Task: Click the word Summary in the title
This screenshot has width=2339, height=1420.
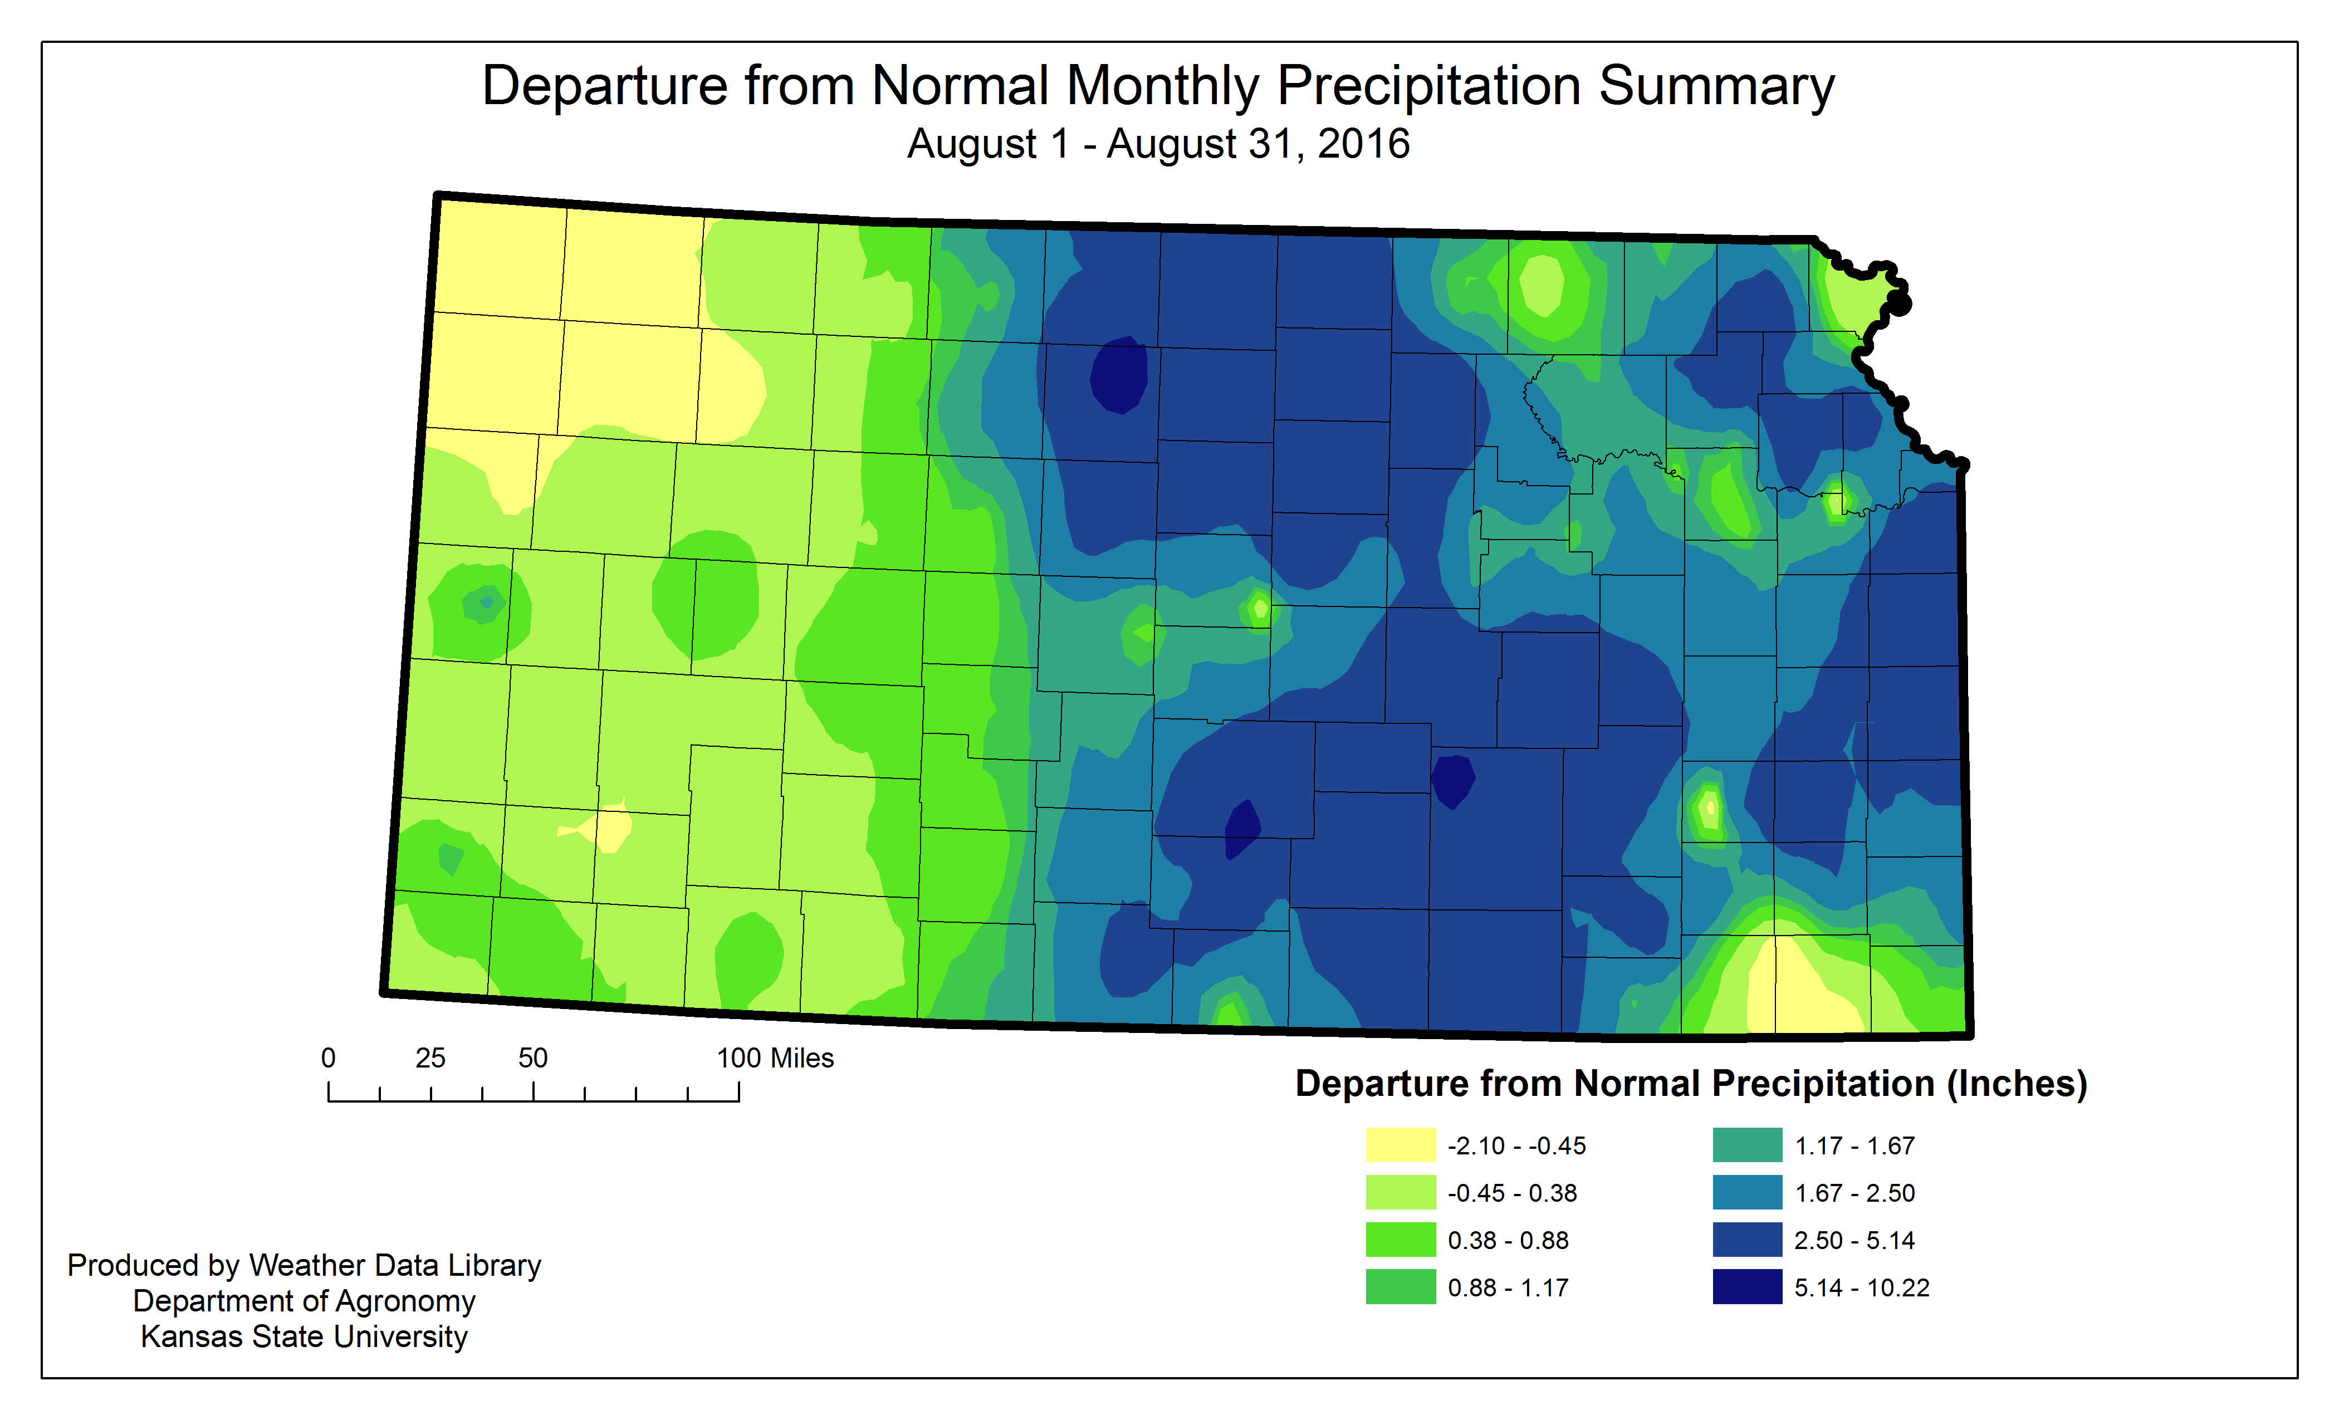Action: coord(1716,87)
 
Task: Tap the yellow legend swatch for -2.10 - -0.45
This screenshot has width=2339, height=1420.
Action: coord(1400,1145)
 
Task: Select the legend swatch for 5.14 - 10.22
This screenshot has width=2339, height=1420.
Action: coord(1746,1287)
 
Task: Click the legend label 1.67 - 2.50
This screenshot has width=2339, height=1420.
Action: coord(1854,1193)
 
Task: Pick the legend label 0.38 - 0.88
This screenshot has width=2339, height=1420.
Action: coord(1508,1241)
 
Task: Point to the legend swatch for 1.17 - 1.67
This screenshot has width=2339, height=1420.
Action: coord(1746,1145)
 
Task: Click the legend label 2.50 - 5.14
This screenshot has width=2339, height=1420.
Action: coord(1854,1241)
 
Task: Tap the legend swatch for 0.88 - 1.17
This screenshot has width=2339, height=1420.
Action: coord(1400,1287)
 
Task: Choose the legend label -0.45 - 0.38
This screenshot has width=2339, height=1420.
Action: coord(1511,1193)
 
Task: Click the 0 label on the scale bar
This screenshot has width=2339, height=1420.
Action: coord(329,1059)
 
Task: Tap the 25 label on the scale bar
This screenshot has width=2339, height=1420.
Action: coord(430,1059)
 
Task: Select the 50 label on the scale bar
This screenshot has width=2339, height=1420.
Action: coord(532,1059)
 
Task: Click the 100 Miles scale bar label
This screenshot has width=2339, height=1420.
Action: coord(775,1059)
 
